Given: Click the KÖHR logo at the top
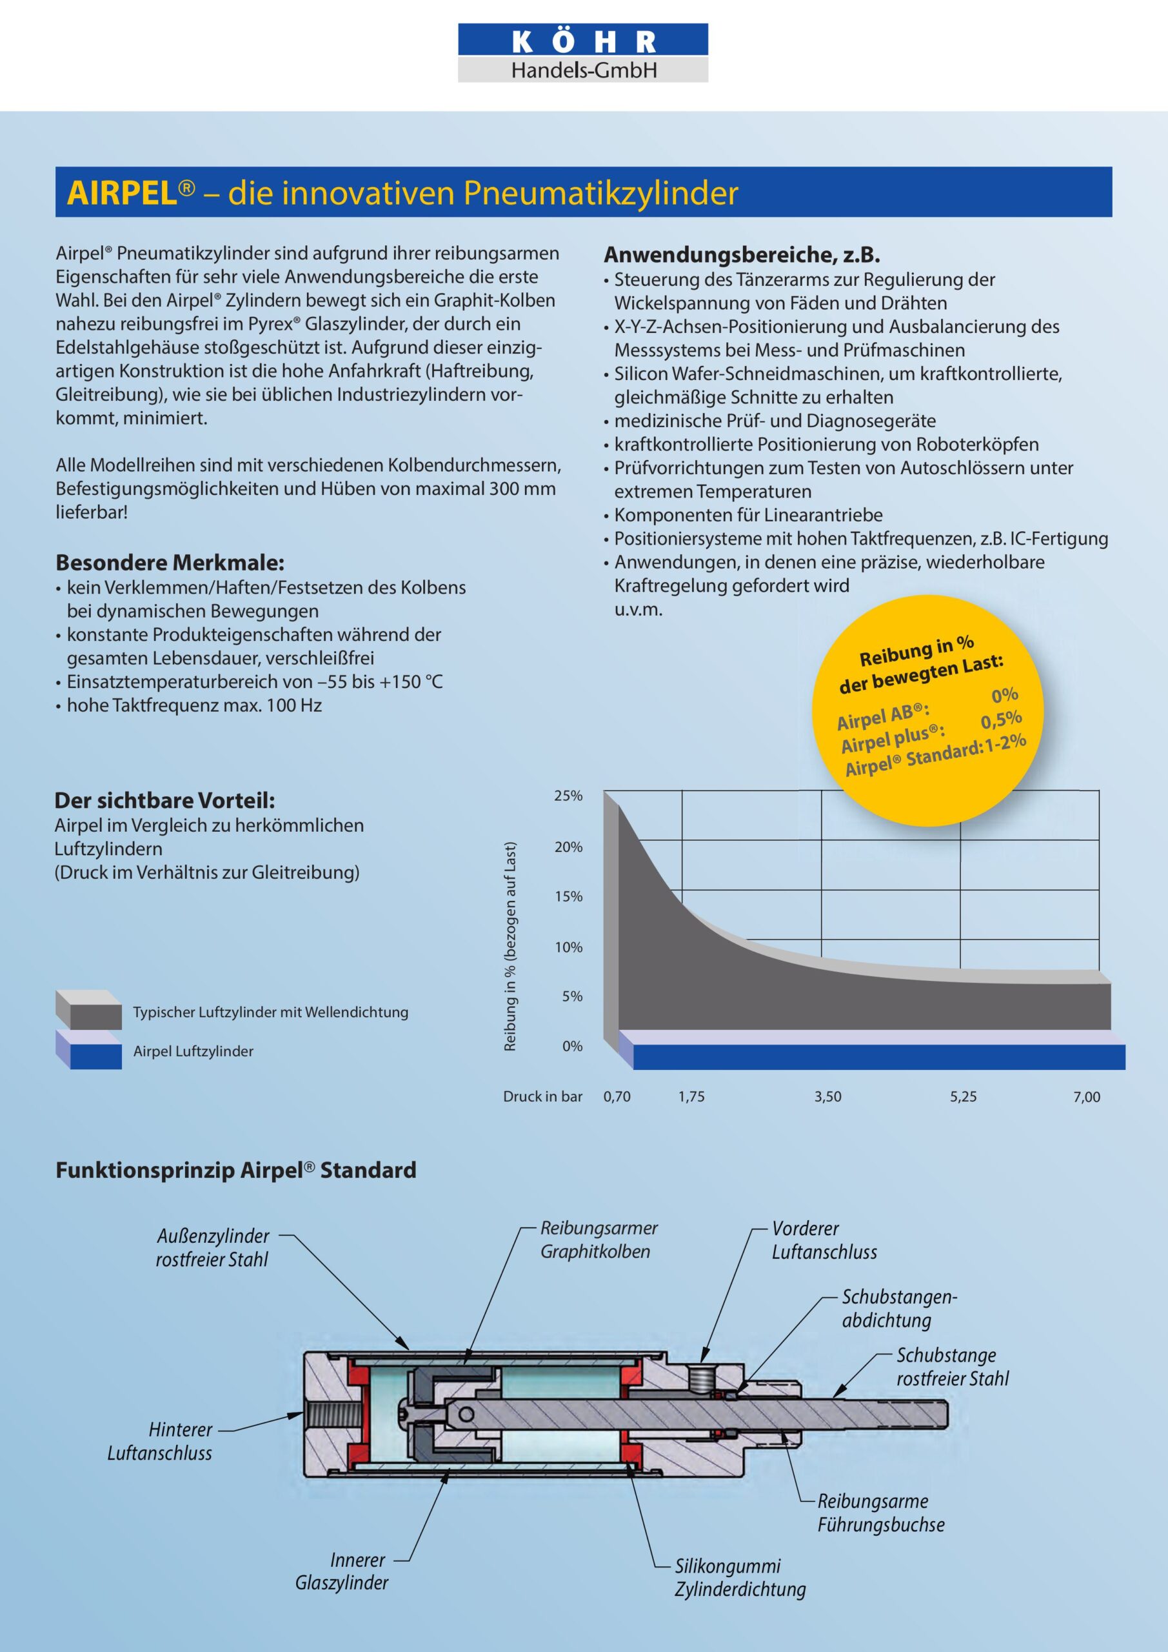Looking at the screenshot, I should coord(582,52).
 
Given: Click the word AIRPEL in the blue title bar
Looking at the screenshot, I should coord(123,193).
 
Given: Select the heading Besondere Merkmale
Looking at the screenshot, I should coord(170,562).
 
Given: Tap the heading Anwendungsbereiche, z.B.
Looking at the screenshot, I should coord(742,254).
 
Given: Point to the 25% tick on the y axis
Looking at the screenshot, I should coord(568,796).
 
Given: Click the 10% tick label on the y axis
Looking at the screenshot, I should coord(568,947).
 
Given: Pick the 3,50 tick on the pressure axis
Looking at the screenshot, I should coord(828,1096).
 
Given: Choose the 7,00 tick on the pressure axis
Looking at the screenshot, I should coord(1086,1096).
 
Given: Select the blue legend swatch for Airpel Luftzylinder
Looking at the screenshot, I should coord(89,1051).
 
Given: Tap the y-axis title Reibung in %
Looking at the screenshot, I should coord(511,946).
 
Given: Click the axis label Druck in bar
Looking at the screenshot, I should coord(542,1096).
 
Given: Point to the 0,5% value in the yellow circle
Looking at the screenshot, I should coord(1001,720).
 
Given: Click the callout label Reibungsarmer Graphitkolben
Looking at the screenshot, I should coord(599,1240).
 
